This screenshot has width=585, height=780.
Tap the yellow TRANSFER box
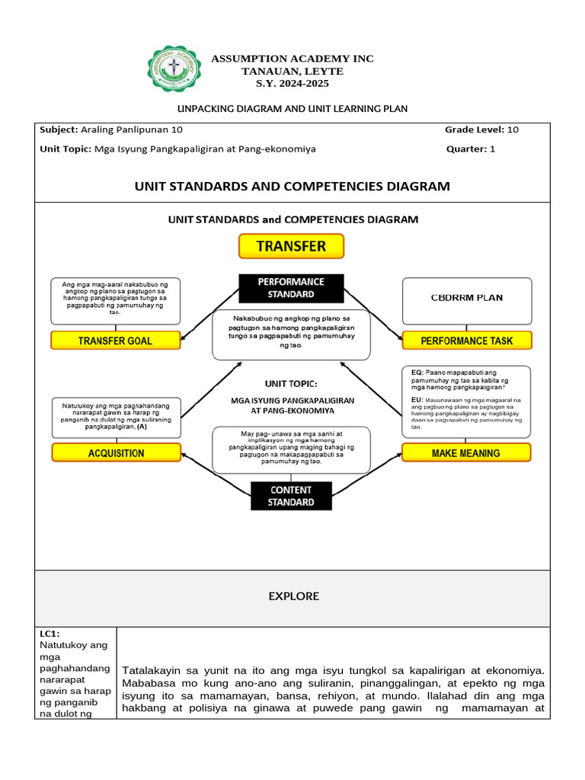(291, 246)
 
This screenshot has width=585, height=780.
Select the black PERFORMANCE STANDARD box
(291, 287)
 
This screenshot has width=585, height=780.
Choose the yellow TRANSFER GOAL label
(115, 340)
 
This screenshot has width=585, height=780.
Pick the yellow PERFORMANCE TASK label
(466, 340)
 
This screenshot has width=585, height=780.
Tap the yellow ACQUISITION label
(116, 452)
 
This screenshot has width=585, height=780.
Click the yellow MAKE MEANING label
(466, 452)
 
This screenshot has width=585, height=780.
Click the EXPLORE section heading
(293, 596)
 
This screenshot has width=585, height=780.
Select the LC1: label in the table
(50, 634)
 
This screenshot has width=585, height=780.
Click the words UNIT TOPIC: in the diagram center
(291, 383)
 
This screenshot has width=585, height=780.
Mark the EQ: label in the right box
(417, 372)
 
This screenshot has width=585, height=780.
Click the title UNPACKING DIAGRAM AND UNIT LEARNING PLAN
(292, 109)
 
